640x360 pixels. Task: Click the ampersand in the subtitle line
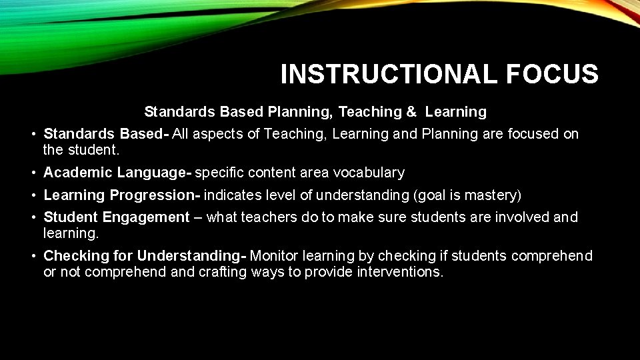(411, 111)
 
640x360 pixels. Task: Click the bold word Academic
(78, 173)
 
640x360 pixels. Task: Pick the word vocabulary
(371, 173)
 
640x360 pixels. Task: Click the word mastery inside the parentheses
(494, 195)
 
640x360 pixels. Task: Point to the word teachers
(269, 217)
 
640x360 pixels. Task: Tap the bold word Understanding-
(192, 256)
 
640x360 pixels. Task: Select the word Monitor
(275, 256)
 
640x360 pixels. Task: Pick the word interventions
(400, 272)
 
